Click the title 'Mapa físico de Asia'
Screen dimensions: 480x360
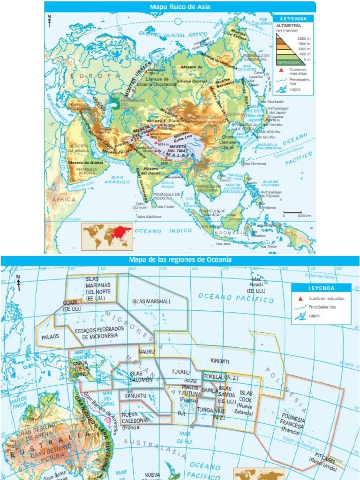(180, 7)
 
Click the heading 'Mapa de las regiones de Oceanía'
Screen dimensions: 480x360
(180, 259)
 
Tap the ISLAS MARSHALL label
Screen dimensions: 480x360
(151, 301)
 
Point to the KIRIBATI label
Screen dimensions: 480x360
(220, 361)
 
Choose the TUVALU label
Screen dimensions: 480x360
(180, 372)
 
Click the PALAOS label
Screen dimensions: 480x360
(50, 337)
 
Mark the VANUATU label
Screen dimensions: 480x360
(136, 396)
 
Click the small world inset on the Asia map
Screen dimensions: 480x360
(107, 236)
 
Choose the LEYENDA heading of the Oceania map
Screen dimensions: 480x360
(321, 288)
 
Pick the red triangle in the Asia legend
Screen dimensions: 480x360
(281, 70)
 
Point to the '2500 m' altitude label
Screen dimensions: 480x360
(304, 38)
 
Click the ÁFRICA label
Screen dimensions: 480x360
(63, 199)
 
